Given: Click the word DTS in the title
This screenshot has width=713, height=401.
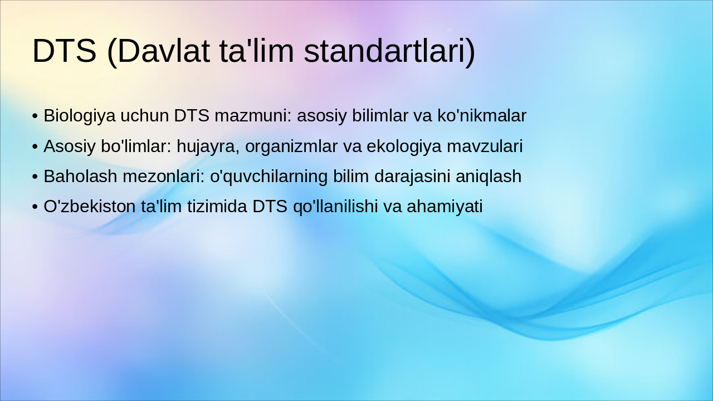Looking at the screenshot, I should coord(65,51).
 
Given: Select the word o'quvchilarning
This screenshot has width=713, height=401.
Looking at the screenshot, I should coord(269,176).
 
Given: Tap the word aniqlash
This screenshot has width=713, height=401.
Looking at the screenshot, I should coord(489,176).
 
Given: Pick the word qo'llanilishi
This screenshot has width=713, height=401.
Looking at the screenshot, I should coord(336,206).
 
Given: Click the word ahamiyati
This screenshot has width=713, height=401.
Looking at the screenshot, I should coord(445,206).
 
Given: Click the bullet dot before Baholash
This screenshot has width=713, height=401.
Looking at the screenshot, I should coord(35,177).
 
